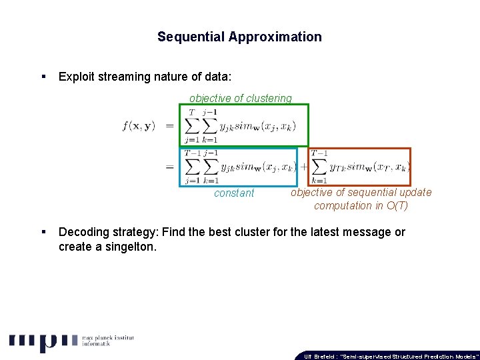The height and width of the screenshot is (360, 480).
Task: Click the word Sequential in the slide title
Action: [x=191, y=37]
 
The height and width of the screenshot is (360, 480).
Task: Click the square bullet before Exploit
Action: [x=43, y=77]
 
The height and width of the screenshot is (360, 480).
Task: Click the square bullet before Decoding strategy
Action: [x=43, y=232]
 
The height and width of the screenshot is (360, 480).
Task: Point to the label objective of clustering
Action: [x=241, y=99]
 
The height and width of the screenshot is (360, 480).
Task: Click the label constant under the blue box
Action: [x=234, y=193]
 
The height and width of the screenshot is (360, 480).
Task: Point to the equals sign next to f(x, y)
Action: [x=169, y=126]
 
